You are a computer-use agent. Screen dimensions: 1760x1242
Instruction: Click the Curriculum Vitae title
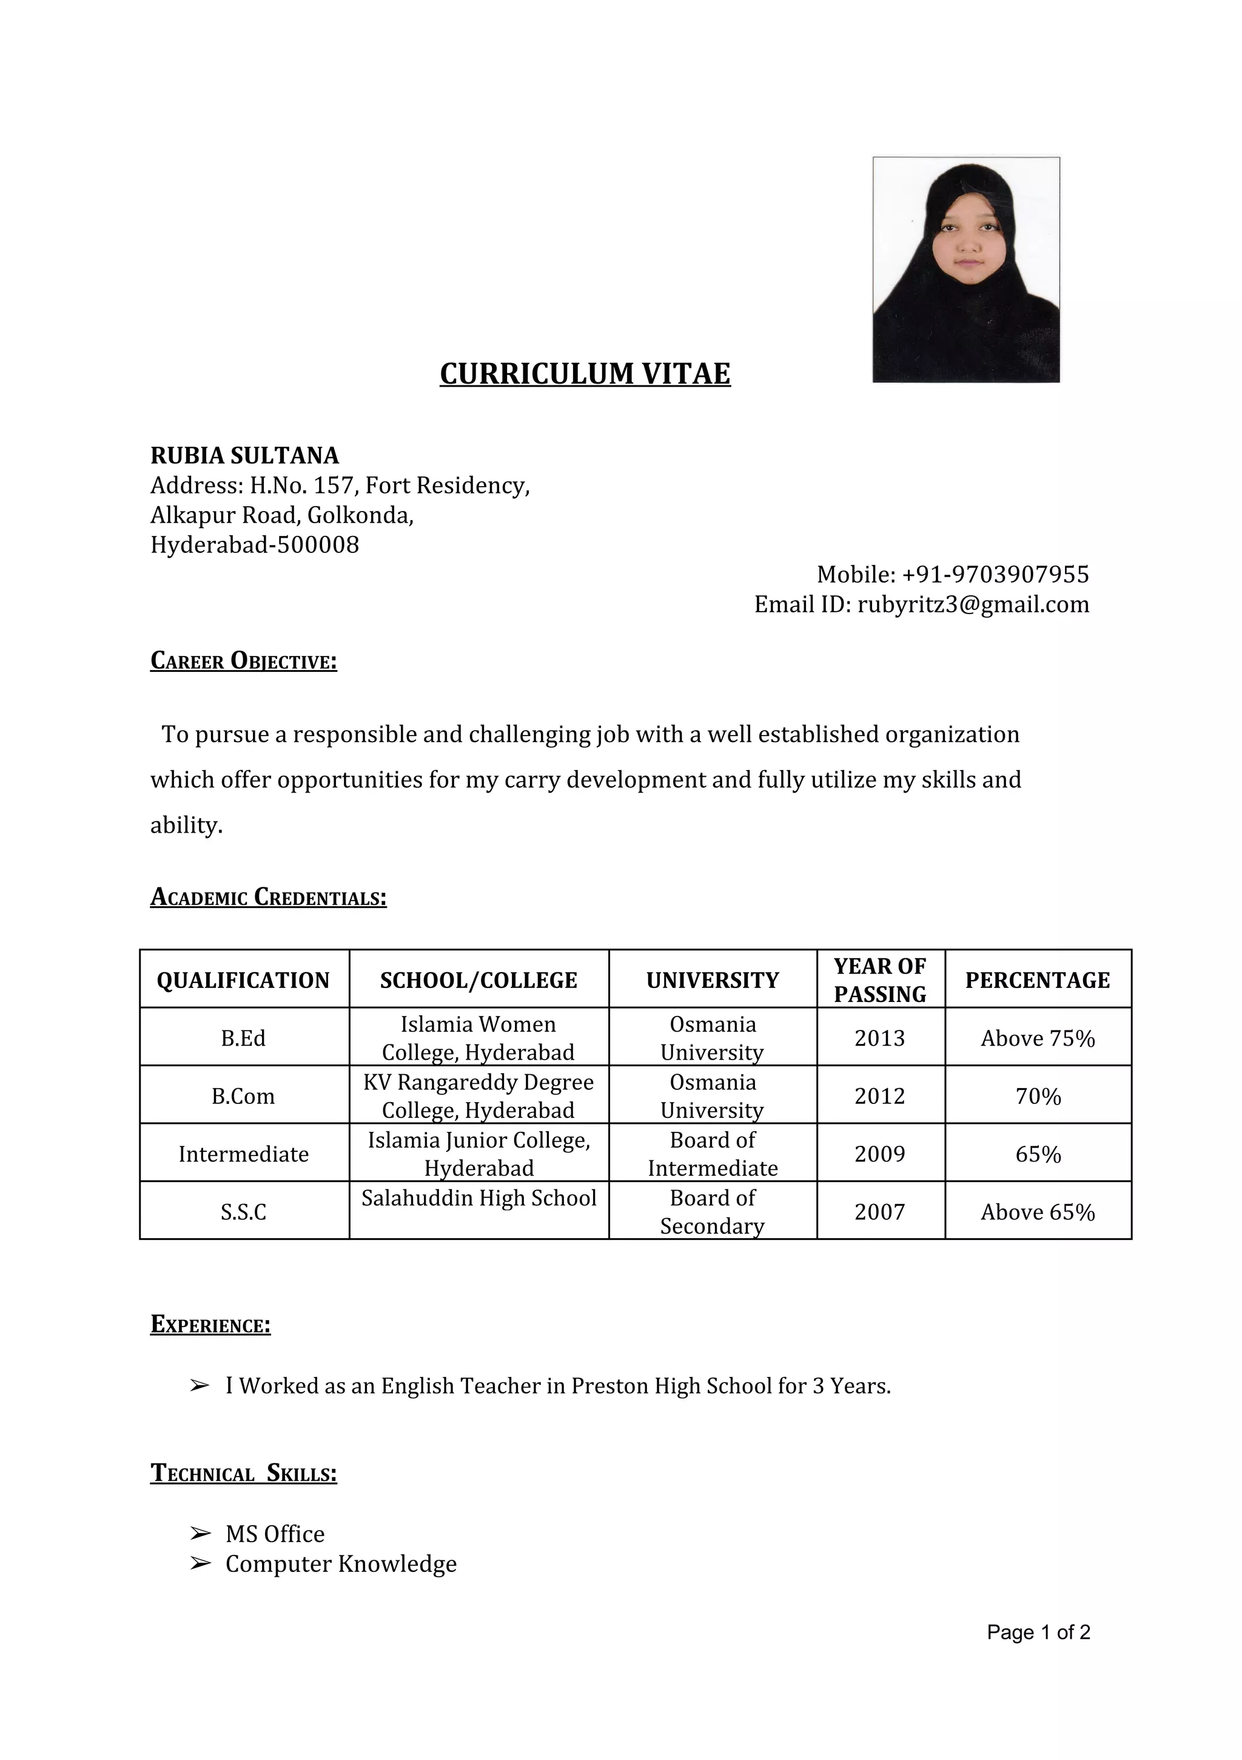click(585, 374)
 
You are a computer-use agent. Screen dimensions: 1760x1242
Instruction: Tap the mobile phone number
click(995, 574)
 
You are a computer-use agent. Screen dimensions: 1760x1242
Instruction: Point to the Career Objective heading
click(244, 661)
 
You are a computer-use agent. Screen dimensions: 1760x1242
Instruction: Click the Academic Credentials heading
click(268, 897)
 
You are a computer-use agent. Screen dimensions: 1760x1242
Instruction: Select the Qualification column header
click(243, 980)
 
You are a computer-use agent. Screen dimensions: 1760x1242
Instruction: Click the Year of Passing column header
click(879, 980)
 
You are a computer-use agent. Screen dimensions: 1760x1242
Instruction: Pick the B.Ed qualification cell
click(243, 1038)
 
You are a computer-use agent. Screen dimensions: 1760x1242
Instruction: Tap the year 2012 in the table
click(879, 1096)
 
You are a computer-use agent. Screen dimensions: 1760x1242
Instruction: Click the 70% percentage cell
click(1038, 1096)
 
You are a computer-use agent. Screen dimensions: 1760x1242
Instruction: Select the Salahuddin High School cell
click(479, 1198)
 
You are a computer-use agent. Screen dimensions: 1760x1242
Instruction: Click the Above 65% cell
click(1038, 1212)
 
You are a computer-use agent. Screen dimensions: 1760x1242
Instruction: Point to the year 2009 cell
click(879, 1154)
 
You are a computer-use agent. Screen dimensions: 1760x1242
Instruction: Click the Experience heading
click(210, 1325)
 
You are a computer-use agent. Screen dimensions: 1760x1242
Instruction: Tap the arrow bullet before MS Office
click(199, 1534)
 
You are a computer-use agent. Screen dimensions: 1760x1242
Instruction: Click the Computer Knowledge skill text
click(340, 1564)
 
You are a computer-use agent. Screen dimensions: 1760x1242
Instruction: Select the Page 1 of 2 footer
click(1038, 1633)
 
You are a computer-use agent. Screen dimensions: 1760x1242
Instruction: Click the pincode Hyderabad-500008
click(254, 545)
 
